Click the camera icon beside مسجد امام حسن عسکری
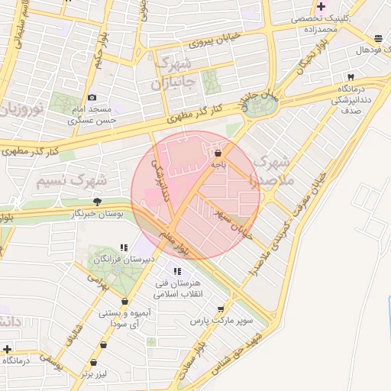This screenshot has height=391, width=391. (x=92, y=98)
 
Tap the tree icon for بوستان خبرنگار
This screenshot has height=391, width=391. (x=97, y=202)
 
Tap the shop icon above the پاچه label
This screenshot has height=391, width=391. (x=218, y=153)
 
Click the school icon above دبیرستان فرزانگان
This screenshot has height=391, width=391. (x=124, y=247)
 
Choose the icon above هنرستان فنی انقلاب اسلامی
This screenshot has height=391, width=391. (x=178, y=271)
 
